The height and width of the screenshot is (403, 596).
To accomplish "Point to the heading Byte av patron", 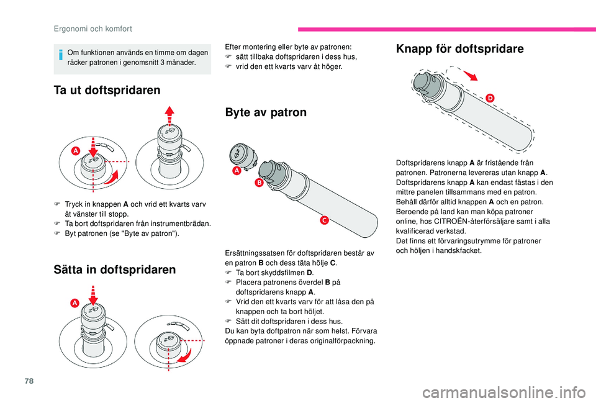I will [266, 112].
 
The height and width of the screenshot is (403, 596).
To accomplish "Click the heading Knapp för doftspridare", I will [459, 48].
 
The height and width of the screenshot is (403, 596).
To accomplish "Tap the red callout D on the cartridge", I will [490, 98].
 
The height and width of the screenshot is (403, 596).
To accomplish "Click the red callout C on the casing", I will [324, 221].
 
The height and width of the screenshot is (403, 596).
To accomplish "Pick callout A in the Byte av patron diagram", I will [237, 170].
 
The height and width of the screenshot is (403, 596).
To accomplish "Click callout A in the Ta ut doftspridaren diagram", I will [74, 151].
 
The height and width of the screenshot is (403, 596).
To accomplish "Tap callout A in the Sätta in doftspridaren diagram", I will [74, 302].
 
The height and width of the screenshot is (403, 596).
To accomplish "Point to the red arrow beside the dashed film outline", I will [471, 75].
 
